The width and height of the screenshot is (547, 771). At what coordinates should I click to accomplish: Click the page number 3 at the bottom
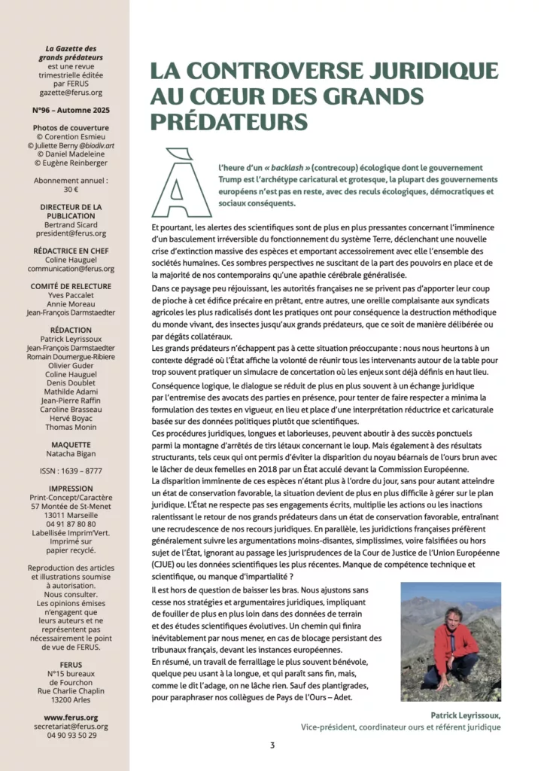pos(272,745)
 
